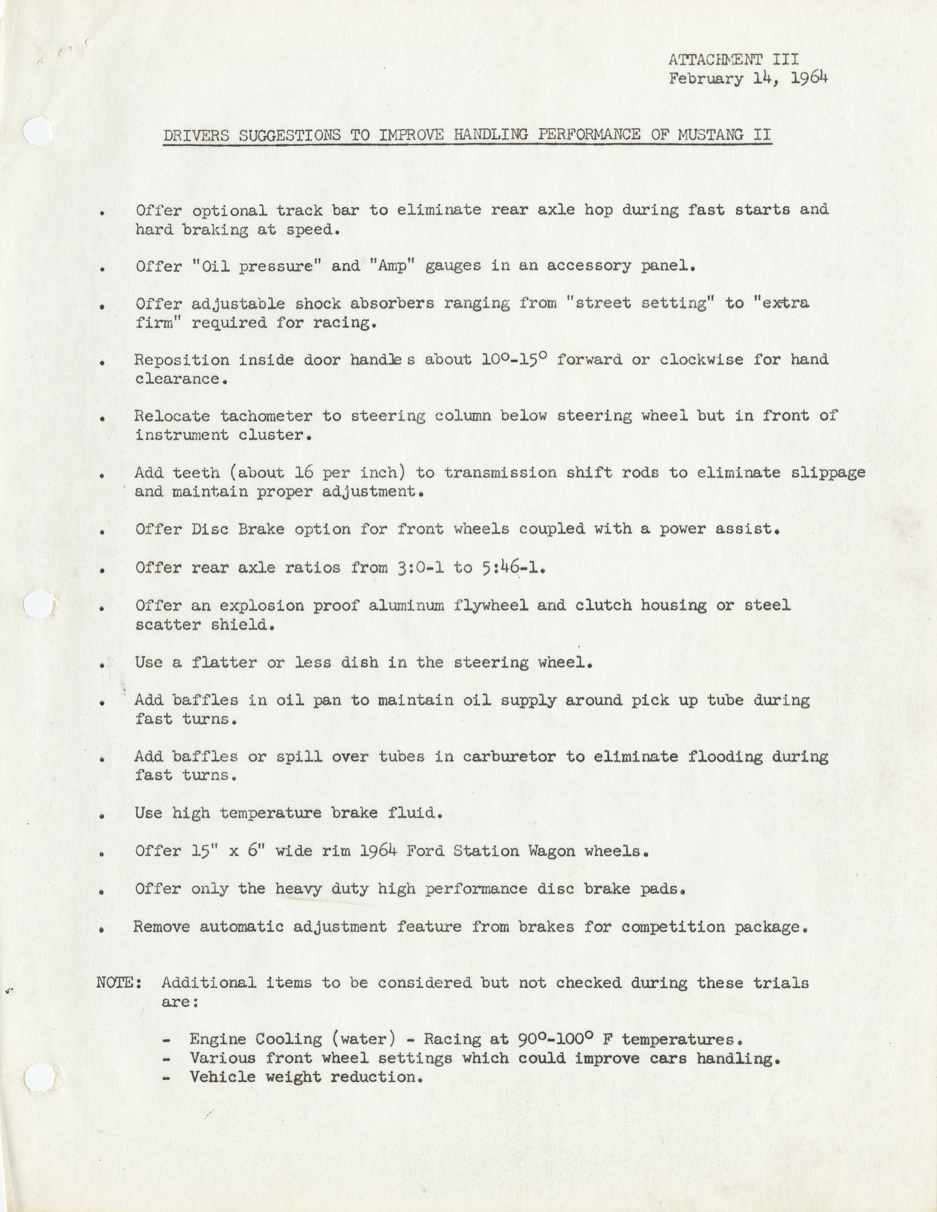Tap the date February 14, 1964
(x=748, y=78)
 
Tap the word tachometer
(x=266, y=416)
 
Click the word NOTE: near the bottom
(x=119, y=983)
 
